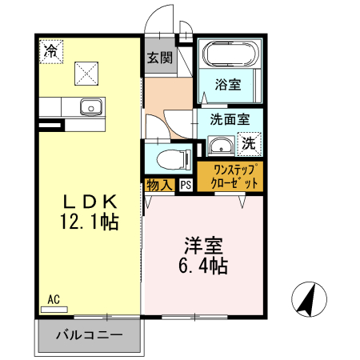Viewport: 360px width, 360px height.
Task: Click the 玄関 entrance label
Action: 160,58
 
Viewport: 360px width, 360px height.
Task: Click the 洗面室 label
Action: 230,120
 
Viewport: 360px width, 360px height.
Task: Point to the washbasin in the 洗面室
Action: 218,146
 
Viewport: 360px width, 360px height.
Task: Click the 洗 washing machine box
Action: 250,144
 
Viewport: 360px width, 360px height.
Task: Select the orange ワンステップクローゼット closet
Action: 230,176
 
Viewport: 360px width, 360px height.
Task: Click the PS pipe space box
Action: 186,185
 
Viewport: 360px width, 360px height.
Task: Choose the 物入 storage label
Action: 159,185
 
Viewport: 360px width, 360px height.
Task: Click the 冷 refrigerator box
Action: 50,51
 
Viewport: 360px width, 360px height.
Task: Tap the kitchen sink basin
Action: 90,106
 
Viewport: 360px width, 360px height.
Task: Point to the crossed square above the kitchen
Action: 86,74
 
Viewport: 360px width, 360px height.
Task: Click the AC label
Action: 54,299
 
